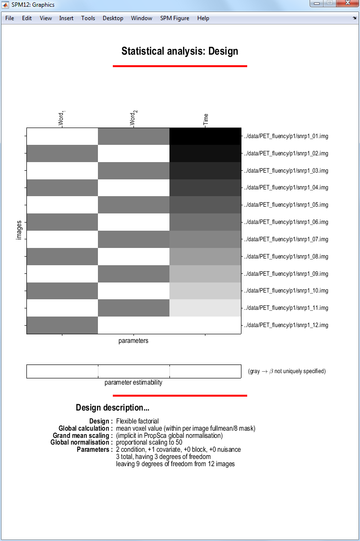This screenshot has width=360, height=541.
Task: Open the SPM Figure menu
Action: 175,18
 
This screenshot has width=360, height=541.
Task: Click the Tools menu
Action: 88,18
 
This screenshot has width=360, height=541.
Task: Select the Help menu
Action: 203,18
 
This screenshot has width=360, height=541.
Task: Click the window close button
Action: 348,3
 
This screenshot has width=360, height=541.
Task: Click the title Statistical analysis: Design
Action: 180,51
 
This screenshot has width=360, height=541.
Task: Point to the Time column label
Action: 206,119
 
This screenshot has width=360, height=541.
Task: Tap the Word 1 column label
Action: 62,118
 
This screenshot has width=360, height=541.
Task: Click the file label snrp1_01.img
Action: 286,136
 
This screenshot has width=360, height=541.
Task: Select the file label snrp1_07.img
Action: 286,239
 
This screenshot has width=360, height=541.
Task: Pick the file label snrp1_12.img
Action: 286,325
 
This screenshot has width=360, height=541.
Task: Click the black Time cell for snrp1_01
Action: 205,136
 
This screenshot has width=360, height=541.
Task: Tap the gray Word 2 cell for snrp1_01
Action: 133,136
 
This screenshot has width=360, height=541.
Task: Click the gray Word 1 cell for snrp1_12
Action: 62,325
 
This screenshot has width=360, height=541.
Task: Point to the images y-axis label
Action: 19,230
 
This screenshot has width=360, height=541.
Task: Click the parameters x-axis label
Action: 133,341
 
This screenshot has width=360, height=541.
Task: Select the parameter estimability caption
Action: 133,383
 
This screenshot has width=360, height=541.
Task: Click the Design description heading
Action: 112,408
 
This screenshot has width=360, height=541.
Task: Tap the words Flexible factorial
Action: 137,421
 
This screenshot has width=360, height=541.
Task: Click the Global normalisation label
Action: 81,442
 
